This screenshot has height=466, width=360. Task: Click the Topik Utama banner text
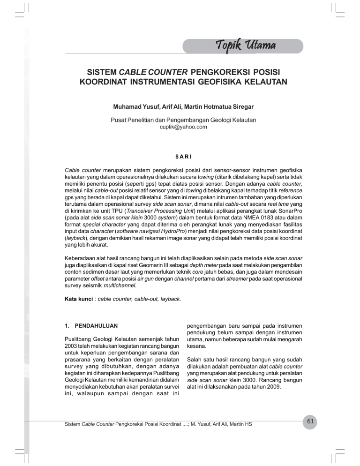[x=246, y=45]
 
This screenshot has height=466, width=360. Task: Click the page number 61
[x=309, y=422]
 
